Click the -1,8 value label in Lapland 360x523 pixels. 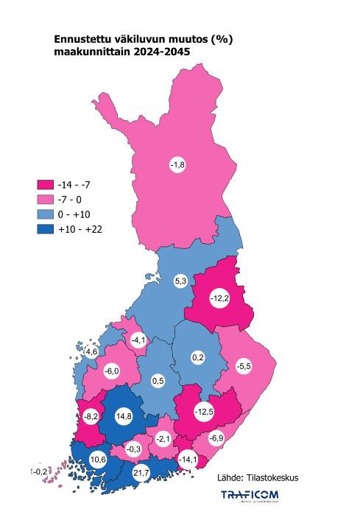[x=177, y=164]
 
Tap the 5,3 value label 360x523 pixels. [x=180, y=281]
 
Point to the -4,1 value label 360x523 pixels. [x=139, y=340]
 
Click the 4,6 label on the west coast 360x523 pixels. [x=92, y=352]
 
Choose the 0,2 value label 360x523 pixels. [x=197, y=357]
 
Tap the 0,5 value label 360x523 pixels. [x=158, y=381]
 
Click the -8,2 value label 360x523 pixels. [x=92, y=416]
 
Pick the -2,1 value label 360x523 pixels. [x=163, y=439]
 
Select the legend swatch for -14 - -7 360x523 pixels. [x=45, y=185]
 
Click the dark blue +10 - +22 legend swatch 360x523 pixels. [x=45, y=229]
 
